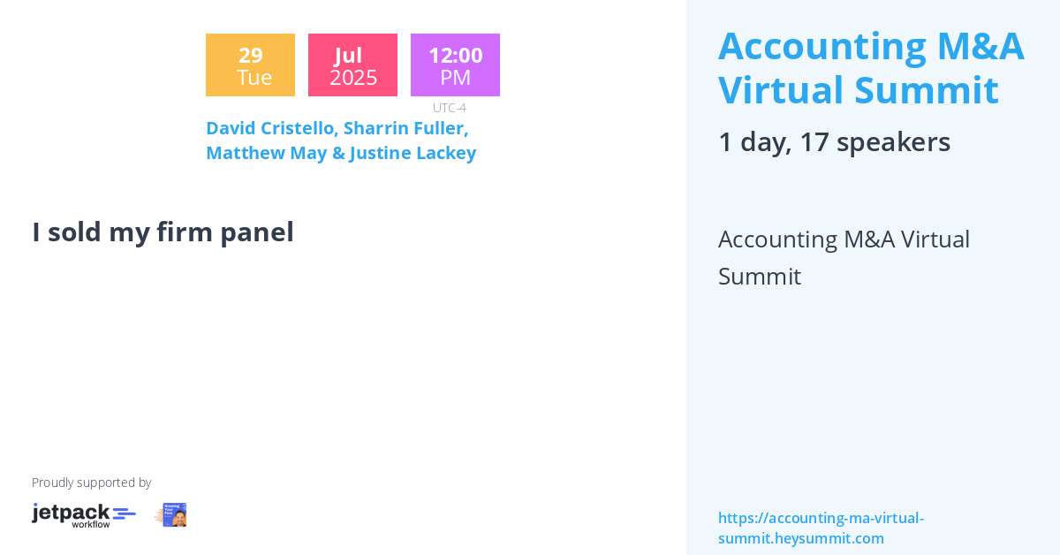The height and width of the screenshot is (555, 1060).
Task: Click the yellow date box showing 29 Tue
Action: point(250,65)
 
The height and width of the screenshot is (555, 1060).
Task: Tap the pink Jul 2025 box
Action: point(352,65)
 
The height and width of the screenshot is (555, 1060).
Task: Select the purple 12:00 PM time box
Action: point(455,65)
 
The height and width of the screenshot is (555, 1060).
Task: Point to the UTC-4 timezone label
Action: point(449,108)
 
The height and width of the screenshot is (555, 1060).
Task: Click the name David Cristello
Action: point(269,128)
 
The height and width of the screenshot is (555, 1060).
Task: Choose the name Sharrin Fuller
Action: point(405,128)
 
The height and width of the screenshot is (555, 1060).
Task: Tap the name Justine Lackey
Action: point(413,153)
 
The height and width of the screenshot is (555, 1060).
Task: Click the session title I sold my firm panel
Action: point(163,232)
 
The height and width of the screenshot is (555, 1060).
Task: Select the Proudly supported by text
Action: point(91,483)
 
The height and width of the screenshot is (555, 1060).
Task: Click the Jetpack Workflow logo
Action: point(84,515)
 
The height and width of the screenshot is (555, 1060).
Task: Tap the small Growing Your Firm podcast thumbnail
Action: point(171,515)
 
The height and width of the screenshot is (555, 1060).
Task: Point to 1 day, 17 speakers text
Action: point(834,141)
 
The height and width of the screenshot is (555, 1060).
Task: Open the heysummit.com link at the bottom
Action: point(821,528)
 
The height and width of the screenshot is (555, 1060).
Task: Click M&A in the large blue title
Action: point(979,46)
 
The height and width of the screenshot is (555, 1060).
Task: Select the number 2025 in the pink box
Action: point(353,78)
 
